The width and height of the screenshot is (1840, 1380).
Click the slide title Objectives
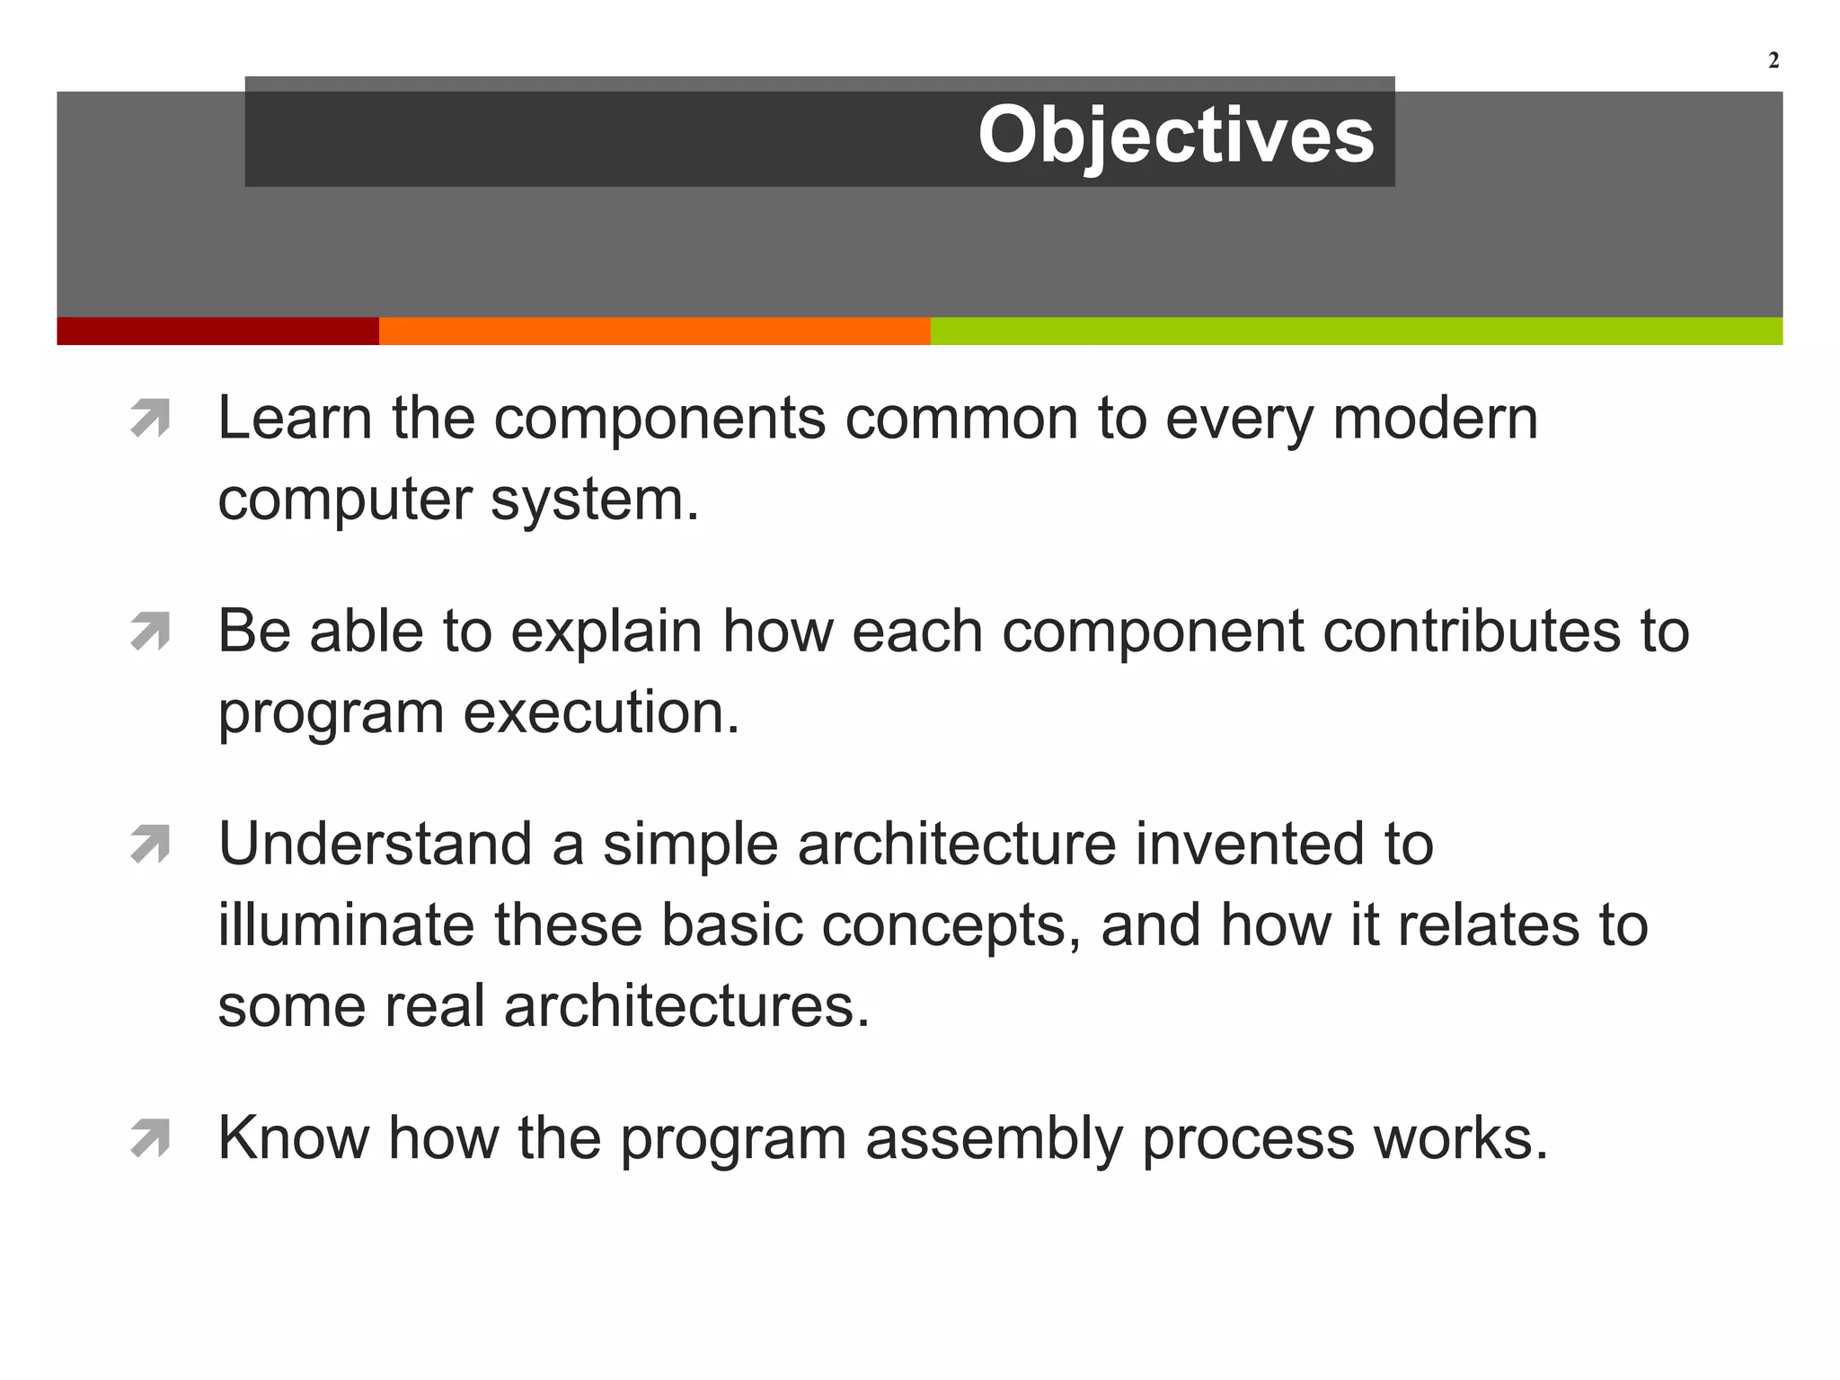(1175, 136)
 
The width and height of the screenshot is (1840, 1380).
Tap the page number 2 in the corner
(1773, 60)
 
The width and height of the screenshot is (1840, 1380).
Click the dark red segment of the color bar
(217, 331)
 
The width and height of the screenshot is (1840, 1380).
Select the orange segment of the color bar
(654, 331)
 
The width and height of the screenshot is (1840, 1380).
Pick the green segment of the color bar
(1356, 331)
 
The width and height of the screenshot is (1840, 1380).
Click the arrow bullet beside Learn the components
(150, 419)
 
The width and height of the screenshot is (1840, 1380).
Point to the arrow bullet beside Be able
(150, 632)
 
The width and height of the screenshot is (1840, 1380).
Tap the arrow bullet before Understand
(150, 845)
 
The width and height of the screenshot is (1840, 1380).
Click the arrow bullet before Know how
(150, 1139)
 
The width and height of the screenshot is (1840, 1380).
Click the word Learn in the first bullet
(295, 419)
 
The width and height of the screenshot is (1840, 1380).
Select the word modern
(1435, 419)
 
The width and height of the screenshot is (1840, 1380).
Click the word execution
(601, 712)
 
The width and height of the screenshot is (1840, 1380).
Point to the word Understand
(376, 845)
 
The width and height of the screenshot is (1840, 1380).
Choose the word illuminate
(346, 925)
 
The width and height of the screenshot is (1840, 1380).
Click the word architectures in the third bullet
(686, 1006)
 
